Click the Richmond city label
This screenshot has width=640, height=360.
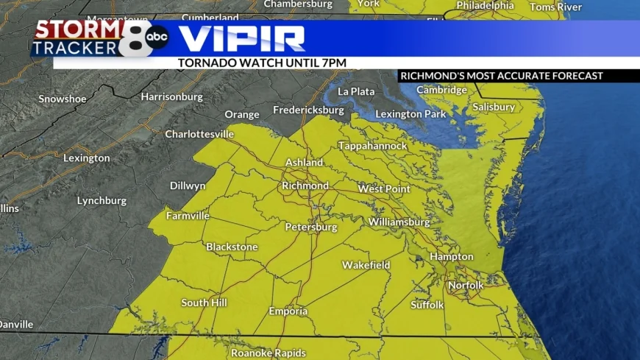point(305,186)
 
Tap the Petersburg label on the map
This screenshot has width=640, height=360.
point(311,227)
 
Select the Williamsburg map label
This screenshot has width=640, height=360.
point(399,222)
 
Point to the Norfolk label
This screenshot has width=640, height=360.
point(466,285)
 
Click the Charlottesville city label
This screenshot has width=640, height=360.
point(199,134)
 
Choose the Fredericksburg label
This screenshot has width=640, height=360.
point(308,110)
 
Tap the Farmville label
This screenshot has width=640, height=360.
point(188,216)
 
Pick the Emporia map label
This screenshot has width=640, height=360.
point(288,311)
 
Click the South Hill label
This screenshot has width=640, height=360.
point(204,303)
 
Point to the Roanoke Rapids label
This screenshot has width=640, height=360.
point(269,353)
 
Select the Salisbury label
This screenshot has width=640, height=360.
point(494,107)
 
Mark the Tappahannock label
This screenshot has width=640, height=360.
point(372,146)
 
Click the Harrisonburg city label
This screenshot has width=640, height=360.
point(171,96)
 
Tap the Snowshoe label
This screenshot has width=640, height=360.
point(63,99)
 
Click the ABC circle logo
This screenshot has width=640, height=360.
point(157,36)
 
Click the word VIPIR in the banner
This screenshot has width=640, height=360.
point(242,38)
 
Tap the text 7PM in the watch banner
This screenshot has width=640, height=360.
point(334,63)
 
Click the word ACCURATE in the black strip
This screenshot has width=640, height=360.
point(529,76)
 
